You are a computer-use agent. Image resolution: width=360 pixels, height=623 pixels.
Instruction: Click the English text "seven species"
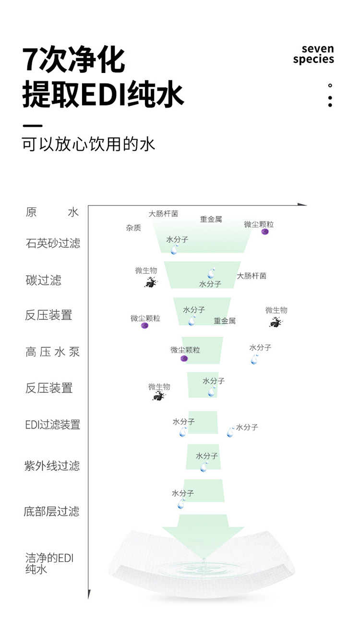point(313,54)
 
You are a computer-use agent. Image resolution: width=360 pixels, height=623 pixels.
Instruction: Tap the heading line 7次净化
point(73,60)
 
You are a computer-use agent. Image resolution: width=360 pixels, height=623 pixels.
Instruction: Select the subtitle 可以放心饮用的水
point(88,144)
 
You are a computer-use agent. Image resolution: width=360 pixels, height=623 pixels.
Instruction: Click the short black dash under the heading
point(33,126)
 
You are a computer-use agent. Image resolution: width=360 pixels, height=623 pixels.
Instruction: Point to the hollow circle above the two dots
point(330,86)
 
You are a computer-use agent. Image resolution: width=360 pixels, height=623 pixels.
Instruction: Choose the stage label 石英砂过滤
point(53,243)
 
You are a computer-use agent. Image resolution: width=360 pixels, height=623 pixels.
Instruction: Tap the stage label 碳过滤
point(43,280)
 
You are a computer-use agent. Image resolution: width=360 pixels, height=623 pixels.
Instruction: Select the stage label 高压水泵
point(52,352)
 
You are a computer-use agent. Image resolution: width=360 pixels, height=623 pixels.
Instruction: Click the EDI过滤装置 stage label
point(52,425)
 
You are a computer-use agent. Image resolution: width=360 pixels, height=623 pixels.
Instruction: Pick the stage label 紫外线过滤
point(52,466)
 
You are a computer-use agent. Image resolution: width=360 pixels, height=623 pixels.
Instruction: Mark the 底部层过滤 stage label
point(51,511)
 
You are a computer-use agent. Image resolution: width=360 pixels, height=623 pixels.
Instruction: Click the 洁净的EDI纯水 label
point(49,563)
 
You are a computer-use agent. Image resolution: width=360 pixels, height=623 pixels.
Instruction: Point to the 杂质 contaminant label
point(133,228)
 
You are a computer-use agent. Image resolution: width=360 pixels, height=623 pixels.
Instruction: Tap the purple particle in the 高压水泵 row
point(184,358)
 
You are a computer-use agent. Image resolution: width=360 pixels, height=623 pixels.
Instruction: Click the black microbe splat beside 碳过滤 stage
point(151,283)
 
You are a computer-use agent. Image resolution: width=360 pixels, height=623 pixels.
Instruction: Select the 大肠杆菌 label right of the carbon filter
point(252,276)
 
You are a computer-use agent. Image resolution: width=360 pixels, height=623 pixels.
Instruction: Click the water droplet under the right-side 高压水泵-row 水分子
point(254,359)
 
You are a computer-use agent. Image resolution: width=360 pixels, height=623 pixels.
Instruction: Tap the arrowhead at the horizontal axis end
point(302,205)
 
